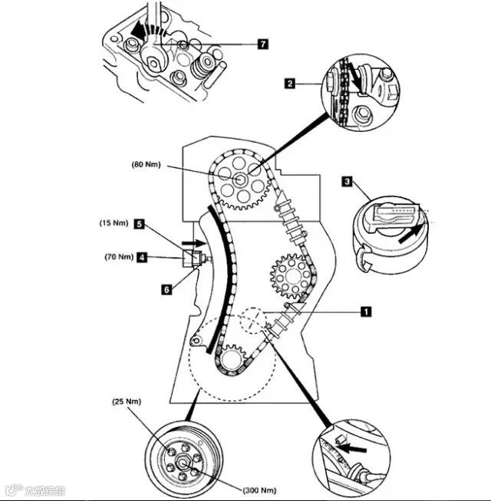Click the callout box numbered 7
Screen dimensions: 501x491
pos(262,44)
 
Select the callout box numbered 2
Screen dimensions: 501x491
pos(289,83)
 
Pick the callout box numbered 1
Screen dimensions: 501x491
pos(366,311)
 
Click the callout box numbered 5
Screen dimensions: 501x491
pos(140,224)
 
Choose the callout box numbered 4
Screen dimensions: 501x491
pos(142,258)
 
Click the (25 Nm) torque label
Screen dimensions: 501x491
pos(124,402)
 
